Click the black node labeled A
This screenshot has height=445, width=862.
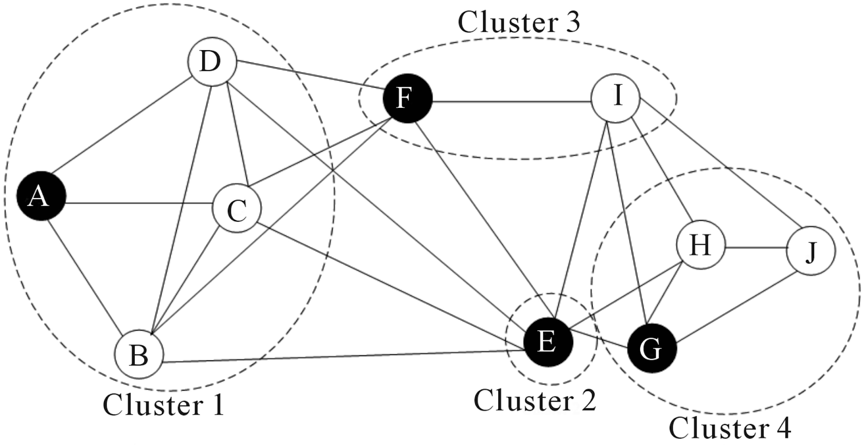(x=41, y=196)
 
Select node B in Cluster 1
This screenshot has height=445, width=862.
(x=139, y=354)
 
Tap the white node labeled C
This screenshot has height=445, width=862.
(x=237, y=208)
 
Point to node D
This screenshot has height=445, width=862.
(x=212, y=61)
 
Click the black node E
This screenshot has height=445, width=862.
(x=548, y=342)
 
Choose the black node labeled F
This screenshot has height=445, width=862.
(x=408, y=98)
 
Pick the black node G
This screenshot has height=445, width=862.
(x=652, y=348)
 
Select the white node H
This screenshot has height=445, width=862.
(x=701, y=245)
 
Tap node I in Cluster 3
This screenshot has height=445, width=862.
(x=616, y=98)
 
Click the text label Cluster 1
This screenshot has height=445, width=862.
(x=164, y=405)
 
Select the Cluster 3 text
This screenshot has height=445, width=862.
(x=519, y=22)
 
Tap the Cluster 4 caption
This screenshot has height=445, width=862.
(x=730, y=428)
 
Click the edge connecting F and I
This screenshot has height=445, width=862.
(x=512, y=102)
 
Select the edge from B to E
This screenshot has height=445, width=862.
(x=344, y=356)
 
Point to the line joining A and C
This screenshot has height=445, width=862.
(x=140, y=203)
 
